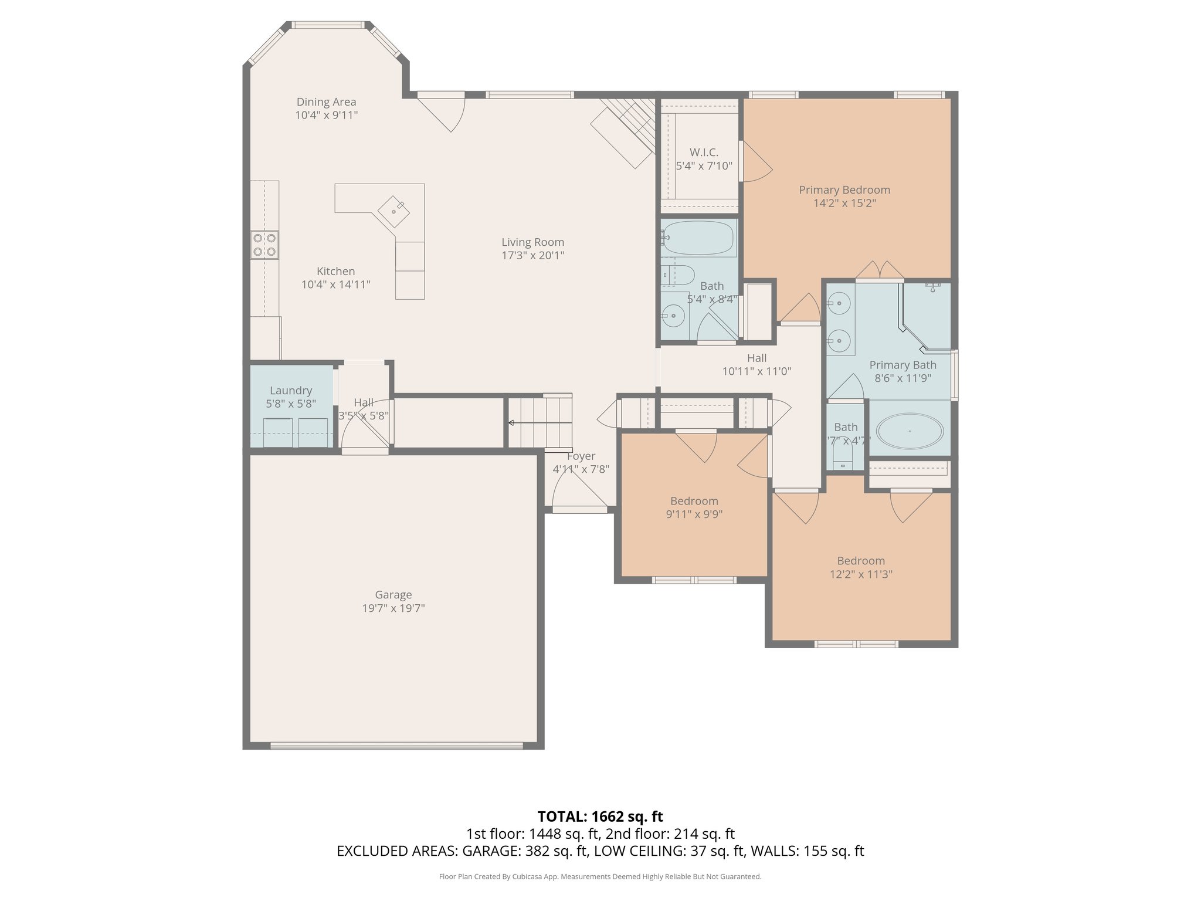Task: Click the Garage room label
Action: pyautogui.click(x=393, y=595)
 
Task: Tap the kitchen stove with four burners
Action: pyautogui.click(x=264, y=245)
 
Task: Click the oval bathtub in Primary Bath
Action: pyautogui.click(x=910, y=431)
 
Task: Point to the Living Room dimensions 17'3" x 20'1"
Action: pyautogui.click(x=532, y=255)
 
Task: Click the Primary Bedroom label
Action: pyautogui.click(x=844, y=190)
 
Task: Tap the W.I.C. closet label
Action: pyautogui.click(x=704, y=153)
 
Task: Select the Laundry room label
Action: pyautogui.click(x=291, y=391)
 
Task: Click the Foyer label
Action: pyautogui.click(x=581, y=456)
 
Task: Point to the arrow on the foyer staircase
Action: pyautogui.click(x=511, y=422)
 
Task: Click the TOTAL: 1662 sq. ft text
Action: pyautogui.click(x=600, y=817)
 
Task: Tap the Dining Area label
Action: pyautogui.click(x=326, y=102)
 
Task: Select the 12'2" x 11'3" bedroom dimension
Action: pyautogui.click(x=861, y=574)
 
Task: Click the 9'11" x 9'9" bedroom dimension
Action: pyautogui.click(x=694, y=514)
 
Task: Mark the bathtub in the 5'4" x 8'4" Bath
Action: pyautogui.click(x=698, y=238)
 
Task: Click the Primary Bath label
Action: pyautogui.click(x=903, y=365)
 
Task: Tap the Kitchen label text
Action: pyautogui.click(x=335, y=272)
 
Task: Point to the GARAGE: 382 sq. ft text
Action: pyautogui.click(x=525, y=851)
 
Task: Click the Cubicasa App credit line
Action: pyautogui.click(x=600, y=877)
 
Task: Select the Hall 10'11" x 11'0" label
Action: pyautogui.click(x=756, y=358)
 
